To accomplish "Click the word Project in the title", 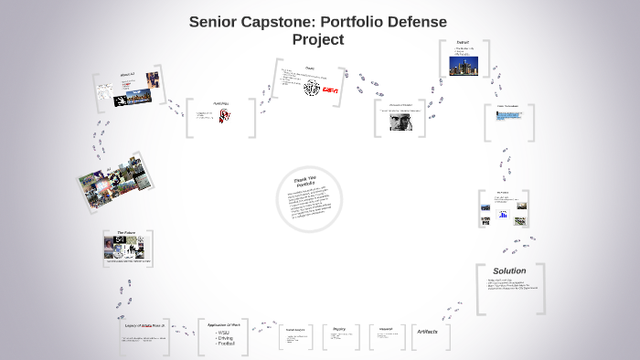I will coord(318,39).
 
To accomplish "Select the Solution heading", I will coord(509,271).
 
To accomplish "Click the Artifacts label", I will coord(433,331).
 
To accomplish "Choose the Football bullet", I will coord(227,344).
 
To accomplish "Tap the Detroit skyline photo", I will coord(464,64).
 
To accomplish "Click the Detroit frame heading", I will coord(464,42).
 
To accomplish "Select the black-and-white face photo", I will coord(400,122).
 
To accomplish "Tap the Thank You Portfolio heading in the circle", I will coord(305,180).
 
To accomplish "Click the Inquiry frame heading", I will coord(337,327).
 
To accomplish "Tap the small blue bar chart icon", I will coord(503,214).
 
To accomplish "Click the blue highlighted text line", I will coord(516,116).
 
